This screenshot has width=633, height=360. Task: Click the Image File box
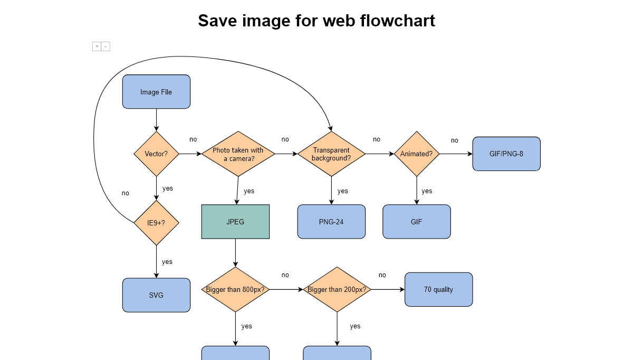[156, 92]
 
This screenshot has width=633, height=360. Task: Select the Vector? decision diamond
[156, 154]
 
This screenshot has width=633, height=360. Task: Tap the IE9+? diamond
[156, 223]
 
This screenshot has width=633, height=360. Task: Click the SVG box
[156, 295]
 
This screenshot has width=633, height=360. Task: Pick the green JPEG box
[235, 222]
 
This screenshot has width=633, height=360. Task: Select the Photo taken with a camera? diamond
[238, 154]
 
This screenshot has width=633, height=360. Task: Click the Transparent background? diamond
[331, 154]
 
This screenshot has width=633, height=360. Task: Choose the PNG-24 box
[331, 222]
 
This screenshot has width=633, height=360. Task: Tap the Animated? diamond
[417, 154]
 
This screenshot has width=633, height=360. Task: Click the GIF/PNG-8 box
[506, 154]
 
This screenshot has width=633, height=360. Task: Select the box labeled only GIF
[417, 222]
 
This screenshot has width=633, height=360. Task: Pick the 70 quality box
[438, 289]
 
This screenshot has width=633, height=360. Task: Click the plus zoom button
[97, 46]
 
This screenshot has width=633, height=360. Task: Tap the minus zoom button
[105, 46]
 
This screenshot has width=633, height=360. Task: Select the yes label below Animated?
[427, 191]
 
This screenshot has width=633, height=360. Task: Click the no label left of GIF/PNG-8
[454, 140]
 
